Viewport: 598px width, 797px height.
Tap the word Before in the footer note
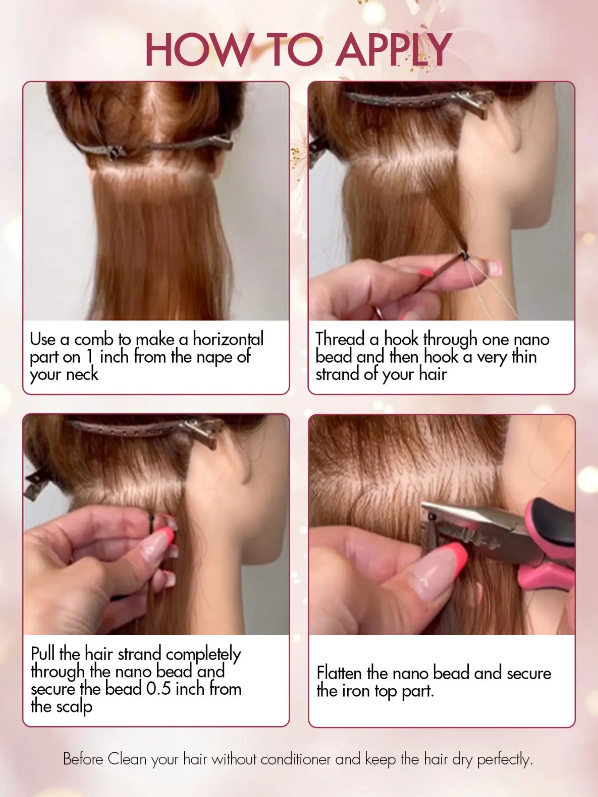pyautogui.click(x=83, y=759)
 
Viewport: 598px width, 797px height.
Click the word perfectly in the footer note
pyautogui.click(x=505, y=760)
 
